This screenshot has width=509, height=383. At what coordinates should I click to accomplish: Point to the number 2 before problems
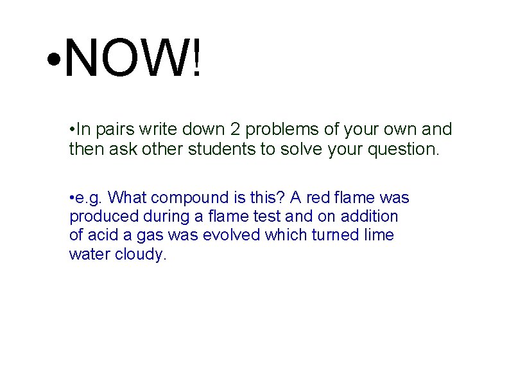[x=235, y=129]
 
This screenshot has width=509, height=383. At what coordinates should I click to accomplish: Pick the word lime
[x=379, y=235]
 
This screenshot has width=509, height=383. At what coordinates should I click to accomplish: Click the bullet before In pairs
[x=72, y=130]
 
